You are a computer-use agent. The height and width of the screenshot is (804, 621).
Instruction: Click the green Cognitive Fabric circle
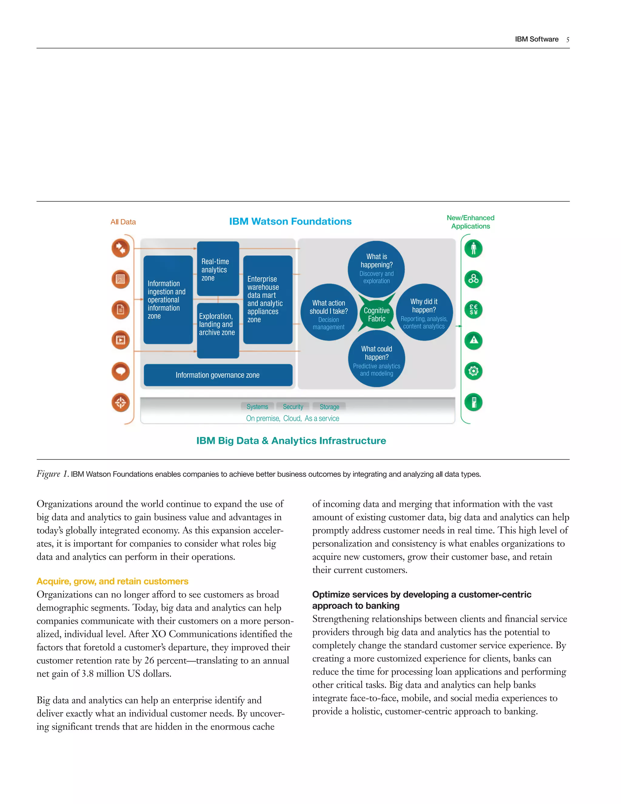376,314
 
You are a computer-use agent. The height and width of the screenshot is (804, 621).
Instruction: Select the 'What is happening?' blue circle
376,269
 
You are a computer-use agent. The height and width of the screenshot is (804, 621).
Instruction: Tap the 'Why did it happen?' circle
424,313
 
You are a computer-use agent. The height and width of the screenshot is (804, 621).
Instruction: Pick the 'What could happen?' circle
376,360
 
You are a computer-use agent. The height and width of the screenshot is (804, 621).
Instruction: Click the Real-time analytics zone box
218,269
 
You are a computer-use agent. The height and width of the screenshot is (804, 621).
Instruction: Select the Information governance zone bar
218,375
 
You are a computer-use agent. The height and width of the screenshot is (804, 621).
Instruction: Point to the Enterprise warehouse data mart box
267,299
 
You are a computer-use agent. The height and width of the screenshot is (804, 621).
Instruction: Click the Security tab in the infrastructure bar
293,407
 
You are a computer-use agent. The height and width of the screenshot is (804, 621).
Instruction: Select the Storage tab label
329,407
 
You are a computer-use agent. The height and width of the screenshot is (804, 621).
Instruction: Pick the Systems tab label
257,407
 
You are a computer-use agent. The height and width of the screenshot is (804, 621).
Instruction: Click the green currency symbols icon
473,309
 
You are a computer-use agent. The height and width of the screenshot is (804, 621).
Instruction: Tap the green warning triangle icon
473,340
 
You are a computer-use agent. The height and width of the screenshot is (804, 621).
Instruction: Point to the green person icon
473,248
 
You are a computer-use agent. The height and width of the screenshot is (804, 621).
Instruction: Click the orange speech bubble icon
121,371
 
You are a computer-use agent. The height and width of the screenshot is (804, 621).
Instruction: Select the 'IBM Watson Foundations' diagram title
290,221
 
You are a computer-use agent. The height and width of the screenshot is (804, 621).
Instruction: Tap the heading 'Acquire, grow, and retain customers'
112,581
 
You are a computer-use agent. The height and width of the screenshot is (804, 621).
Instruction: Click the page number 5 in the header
568,40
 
